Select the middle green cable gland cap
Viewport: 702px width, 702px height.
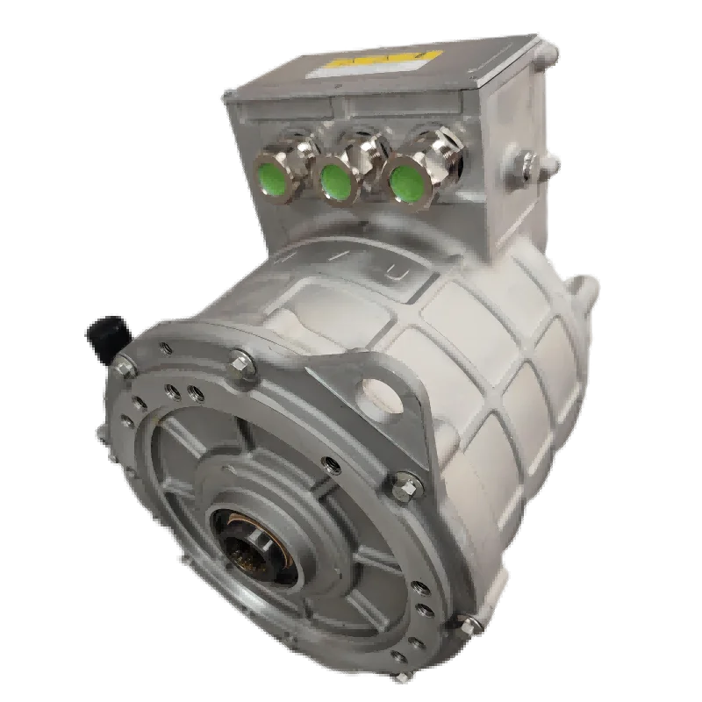[334, 181]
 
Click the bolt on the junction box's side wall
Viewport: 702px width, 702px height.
[528, 160]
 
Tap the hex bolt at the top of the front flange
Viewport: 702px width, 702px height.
[239, 361]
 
